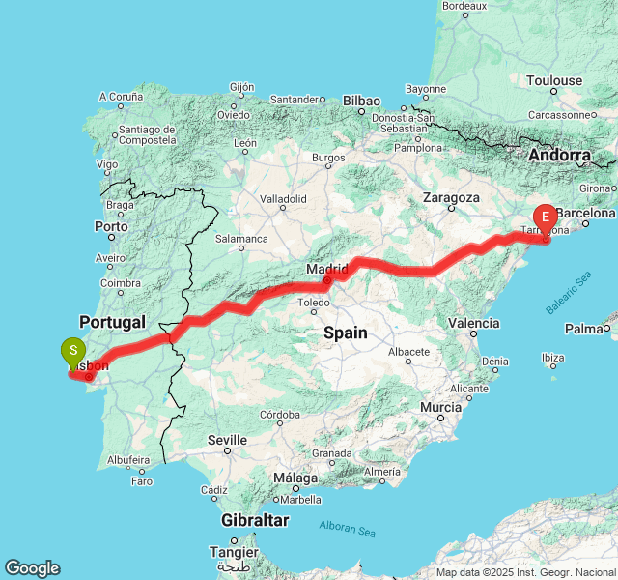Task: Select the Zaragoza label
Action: pos(451,197)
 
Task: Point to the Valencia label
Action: pos(474,323)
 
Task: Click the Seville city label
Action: pos(228,440)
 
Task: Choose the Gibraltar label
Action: pos(254,520)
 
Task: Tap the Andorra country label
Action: pos(559,155)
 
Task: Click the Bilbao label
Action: pos(362,101)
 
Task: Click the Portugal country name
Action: pos(112,322)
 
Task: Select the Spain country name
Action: pos(345,333)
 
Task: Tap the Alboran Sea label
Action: pos(347,528)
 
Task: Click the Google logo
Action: pos(32,568)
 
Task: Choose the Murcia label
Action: pos(440,408)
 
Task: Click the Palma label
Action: pos(583,329)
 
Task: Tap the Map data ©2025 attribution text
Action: pos(525,572)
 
